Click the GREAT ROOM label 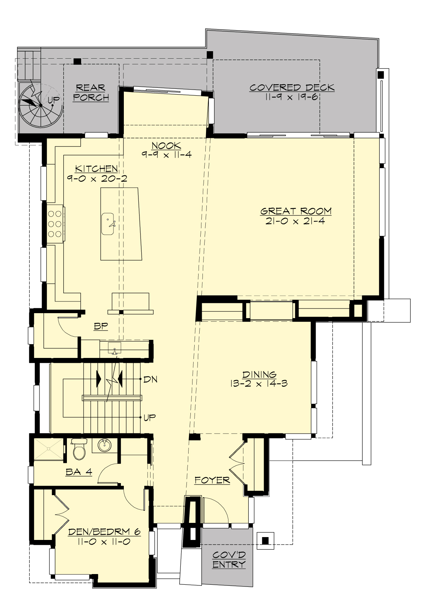click(296, 211)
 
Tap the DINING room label click(259, 375)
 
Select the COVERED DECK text click(292, 87)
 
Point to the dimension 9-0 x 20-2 click(97, 178)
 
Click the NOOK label click(166, 145)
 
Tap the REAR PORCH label click(91, 92)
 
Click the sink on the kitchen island click(108, 224)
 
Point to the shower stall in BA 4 click(48, 449)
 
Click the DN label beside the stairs click(150, 380)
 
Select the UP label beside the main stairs click(149, 417)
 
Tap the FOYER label click(212, 480)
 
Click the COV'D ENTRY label click(229, 559)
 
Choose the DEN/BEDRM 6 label click(104, 532)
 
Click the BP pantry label click(101, 326)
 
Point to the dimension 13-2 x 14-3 click(259, 384)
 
